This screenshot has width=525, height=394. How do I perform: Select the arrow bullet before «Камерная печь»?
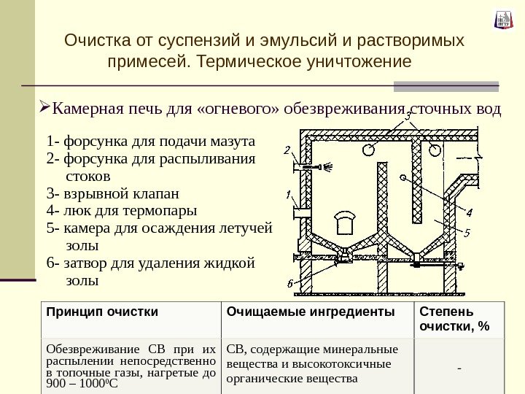click(x=43, y=111)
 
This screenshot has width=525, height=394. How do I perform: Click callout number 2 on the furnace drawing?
click(x=287, y=151)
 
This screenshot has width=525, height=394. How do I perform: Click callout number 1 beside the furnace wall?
click(x=289, y=194)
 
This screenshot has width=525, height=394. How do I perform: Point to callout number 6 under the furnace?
click(x=289, y=284)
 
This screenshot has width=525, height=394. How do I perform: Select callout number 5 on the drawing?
click(x=467, y=233)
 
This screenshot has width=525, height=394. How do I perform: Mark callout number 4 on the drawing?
click(x=469, y=213)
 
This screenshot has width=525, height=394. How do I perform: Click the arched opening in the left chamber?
click(x=343, y=222)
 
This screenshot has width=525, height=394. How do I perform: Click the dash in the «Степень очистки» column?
click(x=459, y=366)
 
